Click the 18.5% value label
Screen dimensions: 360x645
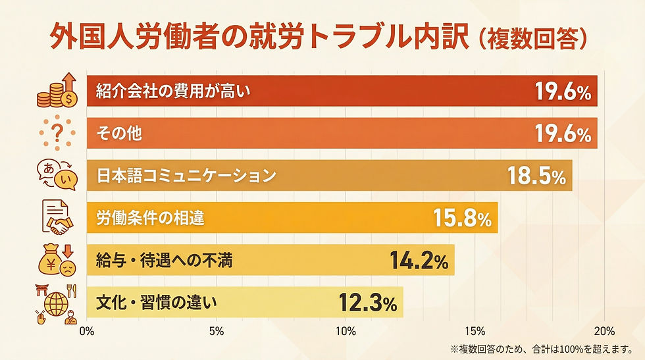point(536,176)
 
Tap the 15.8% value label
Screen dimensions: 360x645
point(462,219)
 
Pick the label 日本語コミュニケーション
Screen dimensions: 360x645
point(185,176)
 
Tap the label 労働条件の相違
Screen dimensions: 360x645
point(150,219)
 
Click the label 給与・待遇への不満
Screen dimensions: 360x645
point(164,261)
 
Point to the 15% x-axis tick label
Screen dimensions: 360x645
point(475,331)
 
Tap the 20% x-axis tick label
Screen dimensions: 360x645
point(605,331)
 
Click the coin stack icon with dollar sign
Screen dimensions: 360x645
point(57,91)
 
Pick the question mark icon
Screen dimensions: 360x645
point(58,134)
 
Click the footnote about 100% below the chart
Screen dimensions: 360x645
point(544,348)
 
